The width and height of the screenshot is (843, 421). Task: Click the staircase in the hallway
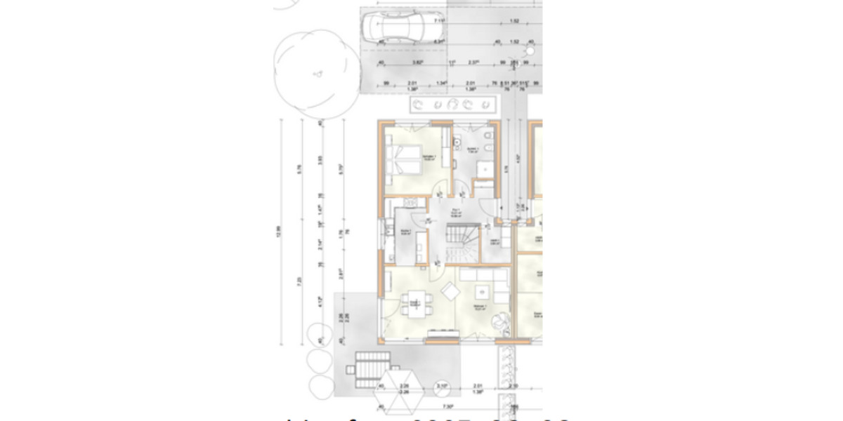coord(461,243)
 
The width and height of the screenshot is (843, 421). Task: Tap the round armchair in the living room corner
coord(499,320)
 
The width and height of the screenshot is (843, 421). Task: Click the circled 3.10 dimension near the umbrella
coord(442,386)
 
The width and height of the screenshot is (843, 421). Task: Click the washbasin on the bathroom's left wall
coord(457,145)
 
